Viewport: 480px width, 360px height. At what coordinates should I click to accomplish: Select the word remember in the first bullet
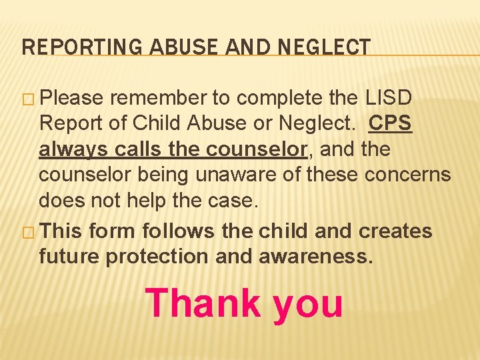[157, 99]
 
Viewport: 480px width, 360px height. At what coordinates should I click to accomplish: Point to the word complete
[281, 99]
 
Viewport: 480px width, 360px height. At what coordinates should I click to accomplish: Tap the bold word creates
[395, 231]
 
